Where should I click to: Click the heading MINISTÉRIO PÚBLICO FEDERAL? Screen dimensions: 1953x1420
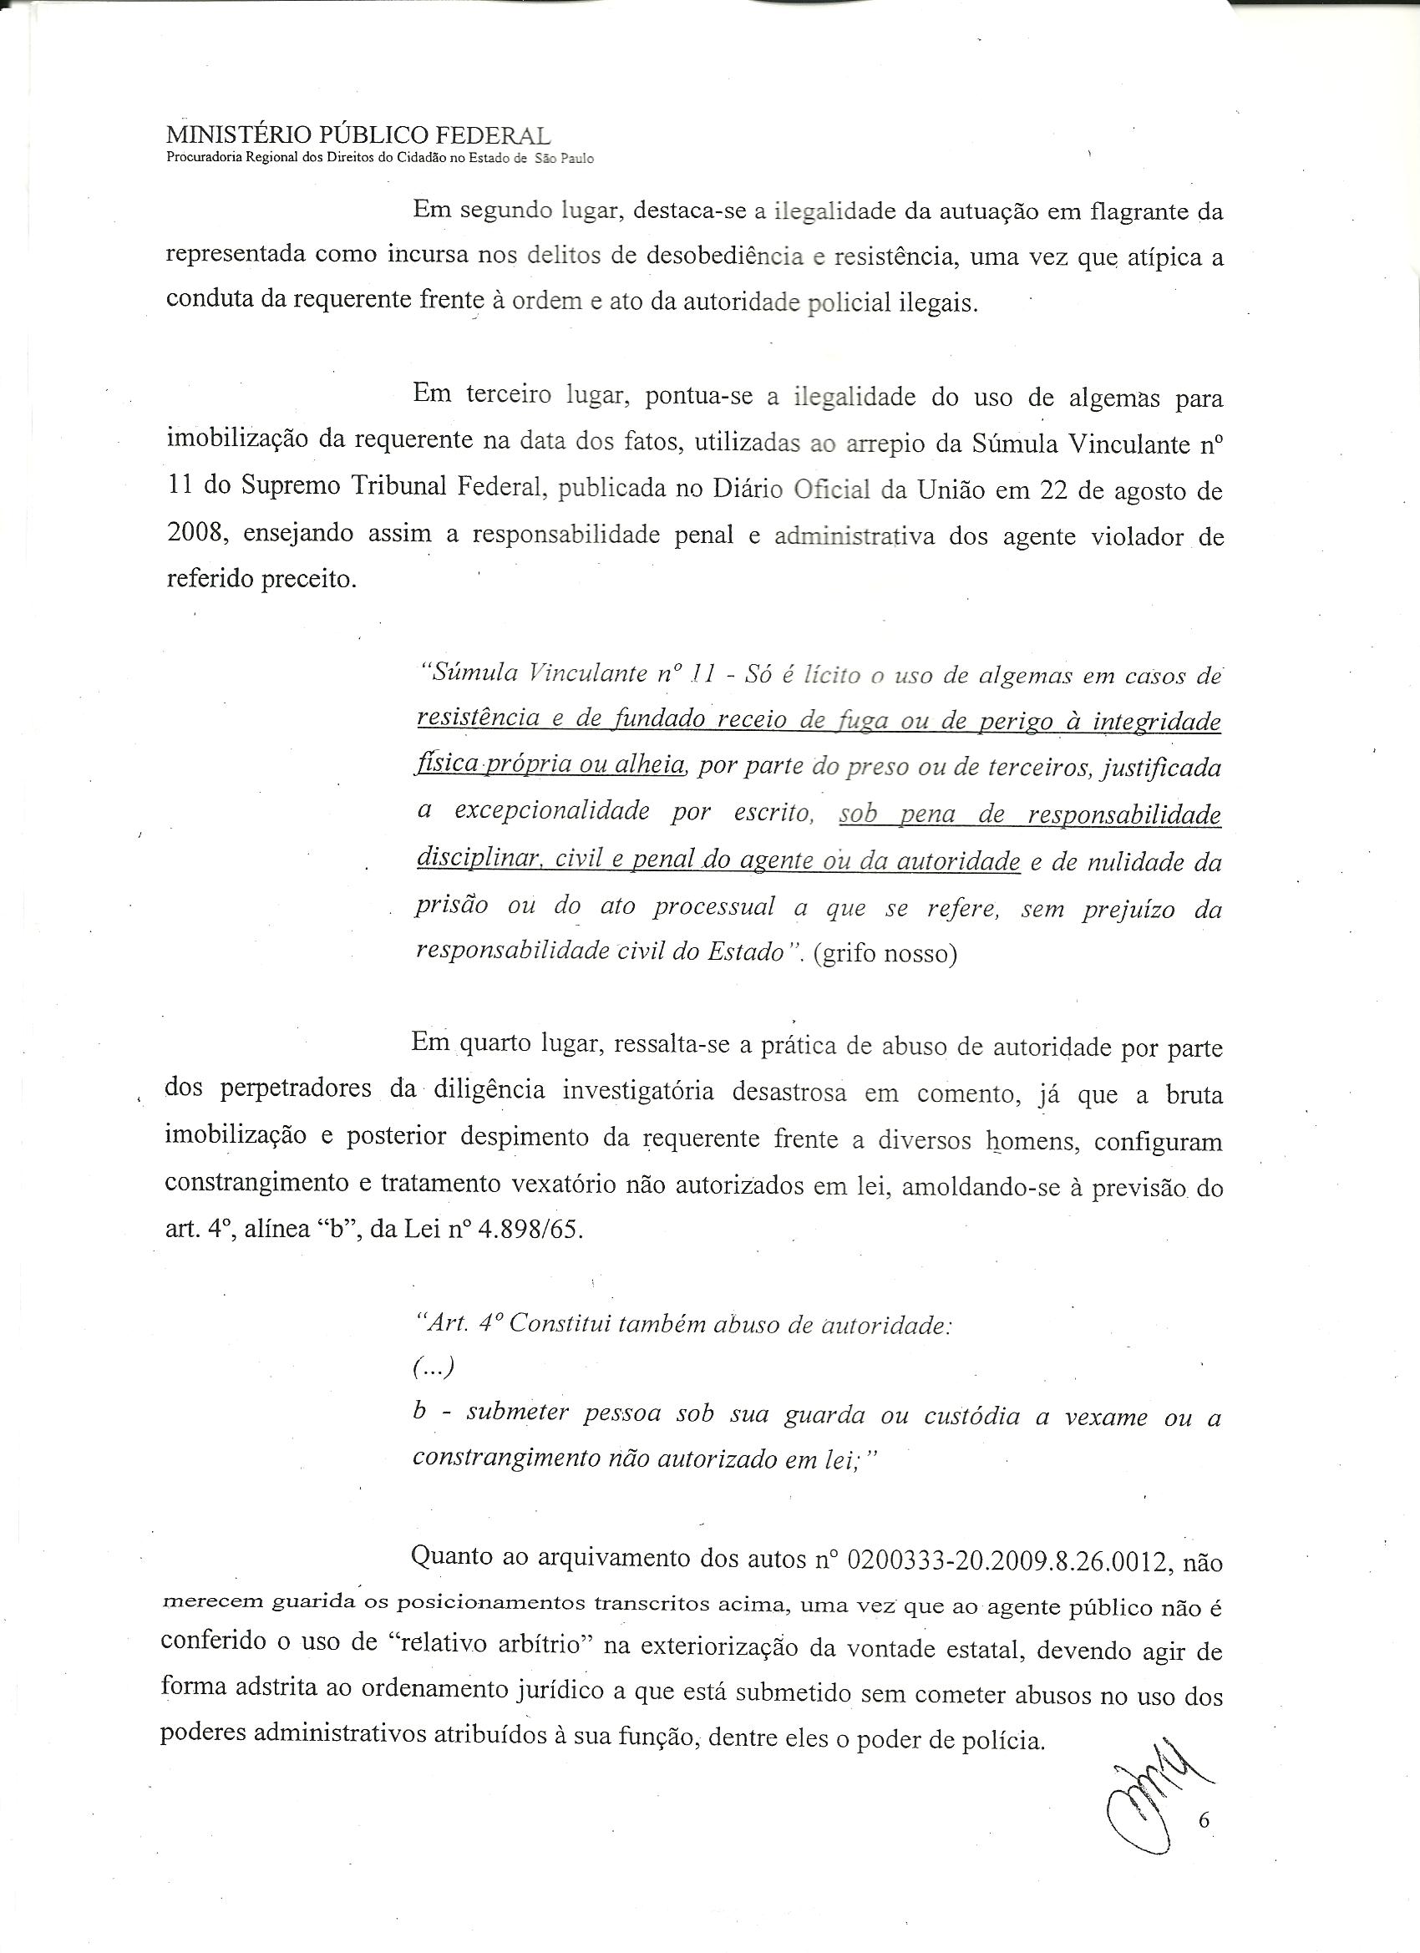358,136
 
